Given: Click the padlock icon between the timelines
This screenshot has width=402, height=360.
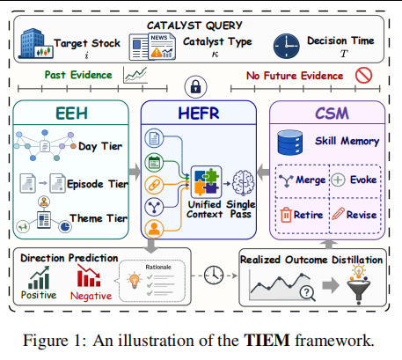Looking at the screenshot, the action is coord(195,87).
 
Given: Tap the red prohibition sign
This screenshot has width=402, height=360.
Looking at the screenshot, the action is coord(363,75).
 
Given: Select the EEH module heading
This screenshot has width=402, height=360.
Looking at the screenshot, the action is coord(71,114).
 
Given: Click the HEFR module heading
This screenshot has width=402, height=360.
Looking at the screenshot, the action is coord(199,114).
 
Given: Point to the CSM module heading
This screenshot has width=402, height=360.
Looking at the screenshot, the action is coord(332,114).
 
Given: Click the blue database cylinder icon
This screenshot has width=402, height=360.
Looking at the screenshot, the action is coord(290,143).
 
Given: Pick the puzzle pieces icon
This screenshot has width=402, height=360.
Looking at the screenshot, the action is coord(206,182).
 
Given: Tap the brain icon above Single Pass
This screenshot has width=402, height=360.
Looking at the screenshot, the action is coord(243,182).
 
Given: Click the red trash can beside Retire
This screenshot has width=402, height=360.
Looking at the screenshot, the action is coord(286,215).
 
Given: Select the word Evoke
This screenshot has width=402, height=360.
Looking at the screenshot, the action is coord(363,180).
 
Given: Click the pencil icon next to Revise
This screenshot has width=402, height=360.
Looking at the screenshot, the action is coord(338,214).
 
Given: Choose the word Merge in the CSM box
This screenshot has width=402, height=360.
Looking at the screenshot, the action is coord(311,180).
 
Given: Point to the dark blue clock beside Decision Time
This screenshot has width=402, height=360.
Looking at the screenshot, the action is coord(287,46).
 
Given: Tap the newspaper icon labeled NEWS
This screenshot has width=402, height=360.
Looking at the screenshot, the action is coord(152,47).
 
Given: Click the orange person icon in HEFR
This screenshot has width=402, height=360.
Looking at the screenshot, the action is coord(154,228).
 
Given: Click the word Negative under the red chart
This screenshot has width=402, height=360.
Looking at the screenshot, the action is coord(91,296).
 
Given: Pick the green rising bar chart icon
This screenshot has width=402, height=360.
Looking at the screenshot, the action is coord(39,278).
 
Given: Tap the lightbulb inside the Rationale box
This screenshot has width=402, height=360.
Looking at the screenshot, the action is coord(135,280).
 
